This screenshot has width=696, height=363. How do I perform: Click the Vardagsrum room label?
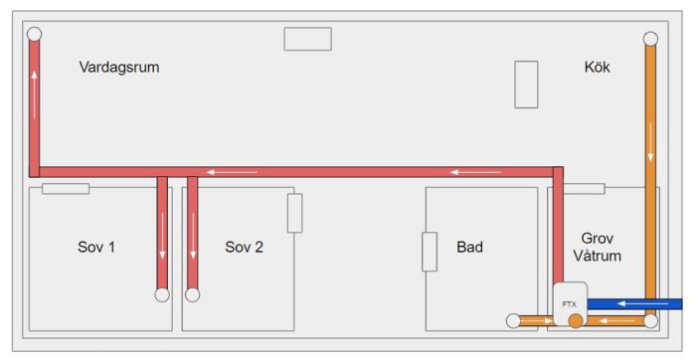point(119,67)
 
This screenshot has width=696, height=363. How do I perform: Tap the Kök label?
point(597,67)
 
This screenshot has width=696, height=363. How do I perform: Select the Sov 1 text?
point(96,247)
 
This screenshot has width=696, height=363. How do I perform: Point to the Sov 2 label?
point(244,247)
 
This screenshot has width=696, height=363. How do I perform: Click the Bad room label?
point(469,247)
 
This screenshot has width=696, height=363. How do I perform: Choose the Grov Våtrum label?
point(597,247)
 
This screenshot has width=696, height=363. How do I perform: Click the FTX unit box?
point(570,303)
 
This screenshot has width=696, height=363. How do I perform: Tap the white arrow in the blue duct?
point(643,303)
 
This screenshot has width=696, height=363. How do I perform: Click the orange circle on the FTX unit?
point(576,321)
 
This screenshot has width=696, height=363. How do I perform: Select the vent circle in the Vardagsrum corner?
point(34,34)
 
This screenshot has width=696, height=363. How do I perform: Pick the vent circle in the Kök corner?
point(650,39)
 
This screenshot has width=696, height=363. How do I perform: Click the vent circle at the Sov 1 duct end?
point(162,294)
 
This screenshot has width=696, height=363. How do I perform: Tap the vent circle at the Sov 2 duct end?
point(192,294)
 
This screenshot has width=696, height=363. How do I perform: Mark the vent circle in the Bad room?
point(513,321)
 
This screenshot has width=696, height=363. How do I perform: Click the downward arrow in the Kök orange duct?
point(650,142)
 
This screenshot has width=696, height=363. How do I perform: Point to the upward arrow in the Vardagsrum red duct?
point(34,94)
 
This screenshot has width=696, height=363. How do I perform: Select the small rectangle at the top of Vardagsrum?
point(307,39)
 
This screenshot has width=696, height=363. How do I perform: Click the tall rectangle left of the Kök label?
point(526,85)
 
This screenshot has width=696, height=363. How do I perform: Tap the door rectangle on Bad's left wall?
point(430,252)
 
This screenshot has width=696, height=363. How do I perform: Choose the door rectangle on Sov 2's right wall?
point(294,213)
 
